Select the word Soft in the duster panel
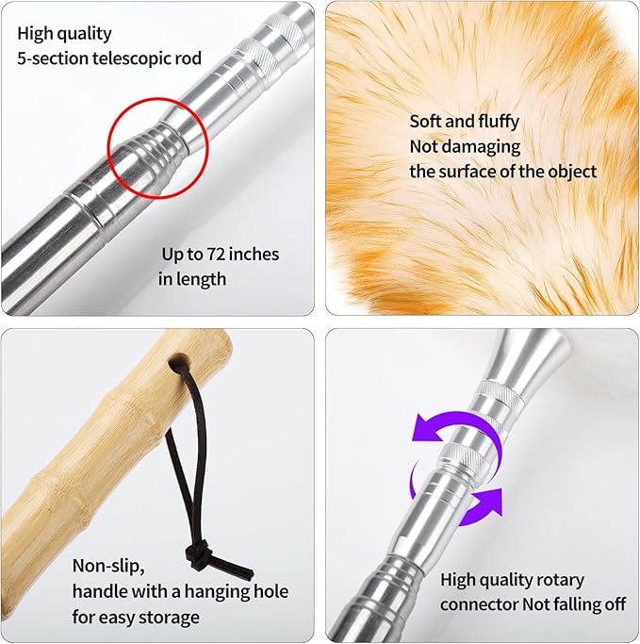pos(426,122)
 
